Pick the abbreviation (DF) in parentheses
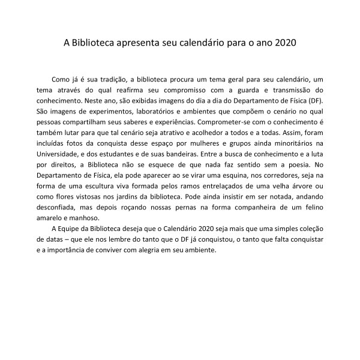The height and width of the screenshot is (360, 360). (x=314, y=101)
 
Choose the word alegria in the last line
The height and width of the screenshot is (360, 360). (x=157, y=252)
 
